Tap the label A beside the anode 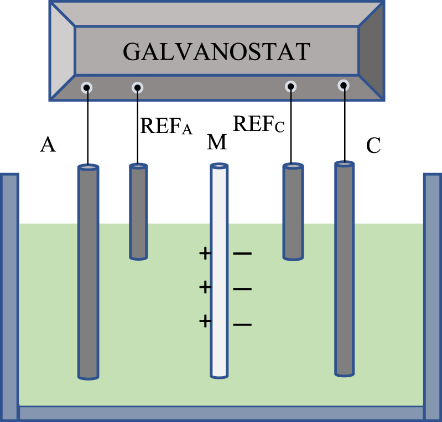click(x=48, y=145)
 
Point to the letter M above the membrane click(x=216, y=143)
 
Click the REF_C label click(x=258, y=124)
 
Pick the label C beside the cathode click(x=374, y=145)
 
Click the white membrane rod click(x=219, y=271)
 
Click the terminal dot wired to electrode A click(x=86, y=87)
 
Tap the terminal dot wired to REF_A click(x=138, y=87)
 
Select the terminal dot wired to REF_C click(x=291, y=86)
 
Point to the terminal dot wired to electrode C click(x=344, y=85)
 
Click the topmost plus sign click(x=205, y=254)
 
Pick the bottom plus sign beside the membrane click(x=205, y=321)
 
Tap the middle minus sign click(x=242, y=289)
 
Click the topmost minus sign click(x=242, y=254)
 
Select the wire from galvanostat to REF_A click(x=138, y=127)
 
